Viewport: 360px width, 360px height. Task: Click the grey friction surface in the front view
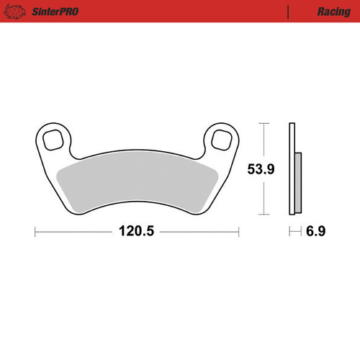pos(137,184)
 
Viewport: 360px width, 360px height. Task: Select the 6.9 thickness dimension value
pos(316,232)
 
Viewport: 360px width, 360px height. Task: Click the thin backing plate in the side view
pos(292,169)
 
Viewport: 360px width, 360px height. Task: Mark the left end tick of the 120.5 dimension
pos(36,232)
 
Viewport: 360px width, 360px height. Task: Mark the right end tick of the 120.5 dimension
pos(238,232)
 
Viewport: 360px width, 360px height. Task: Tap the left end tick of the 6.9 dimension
pos(289,232)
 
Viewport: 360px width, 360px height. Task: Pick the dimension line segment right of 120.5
pos(198,232)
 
